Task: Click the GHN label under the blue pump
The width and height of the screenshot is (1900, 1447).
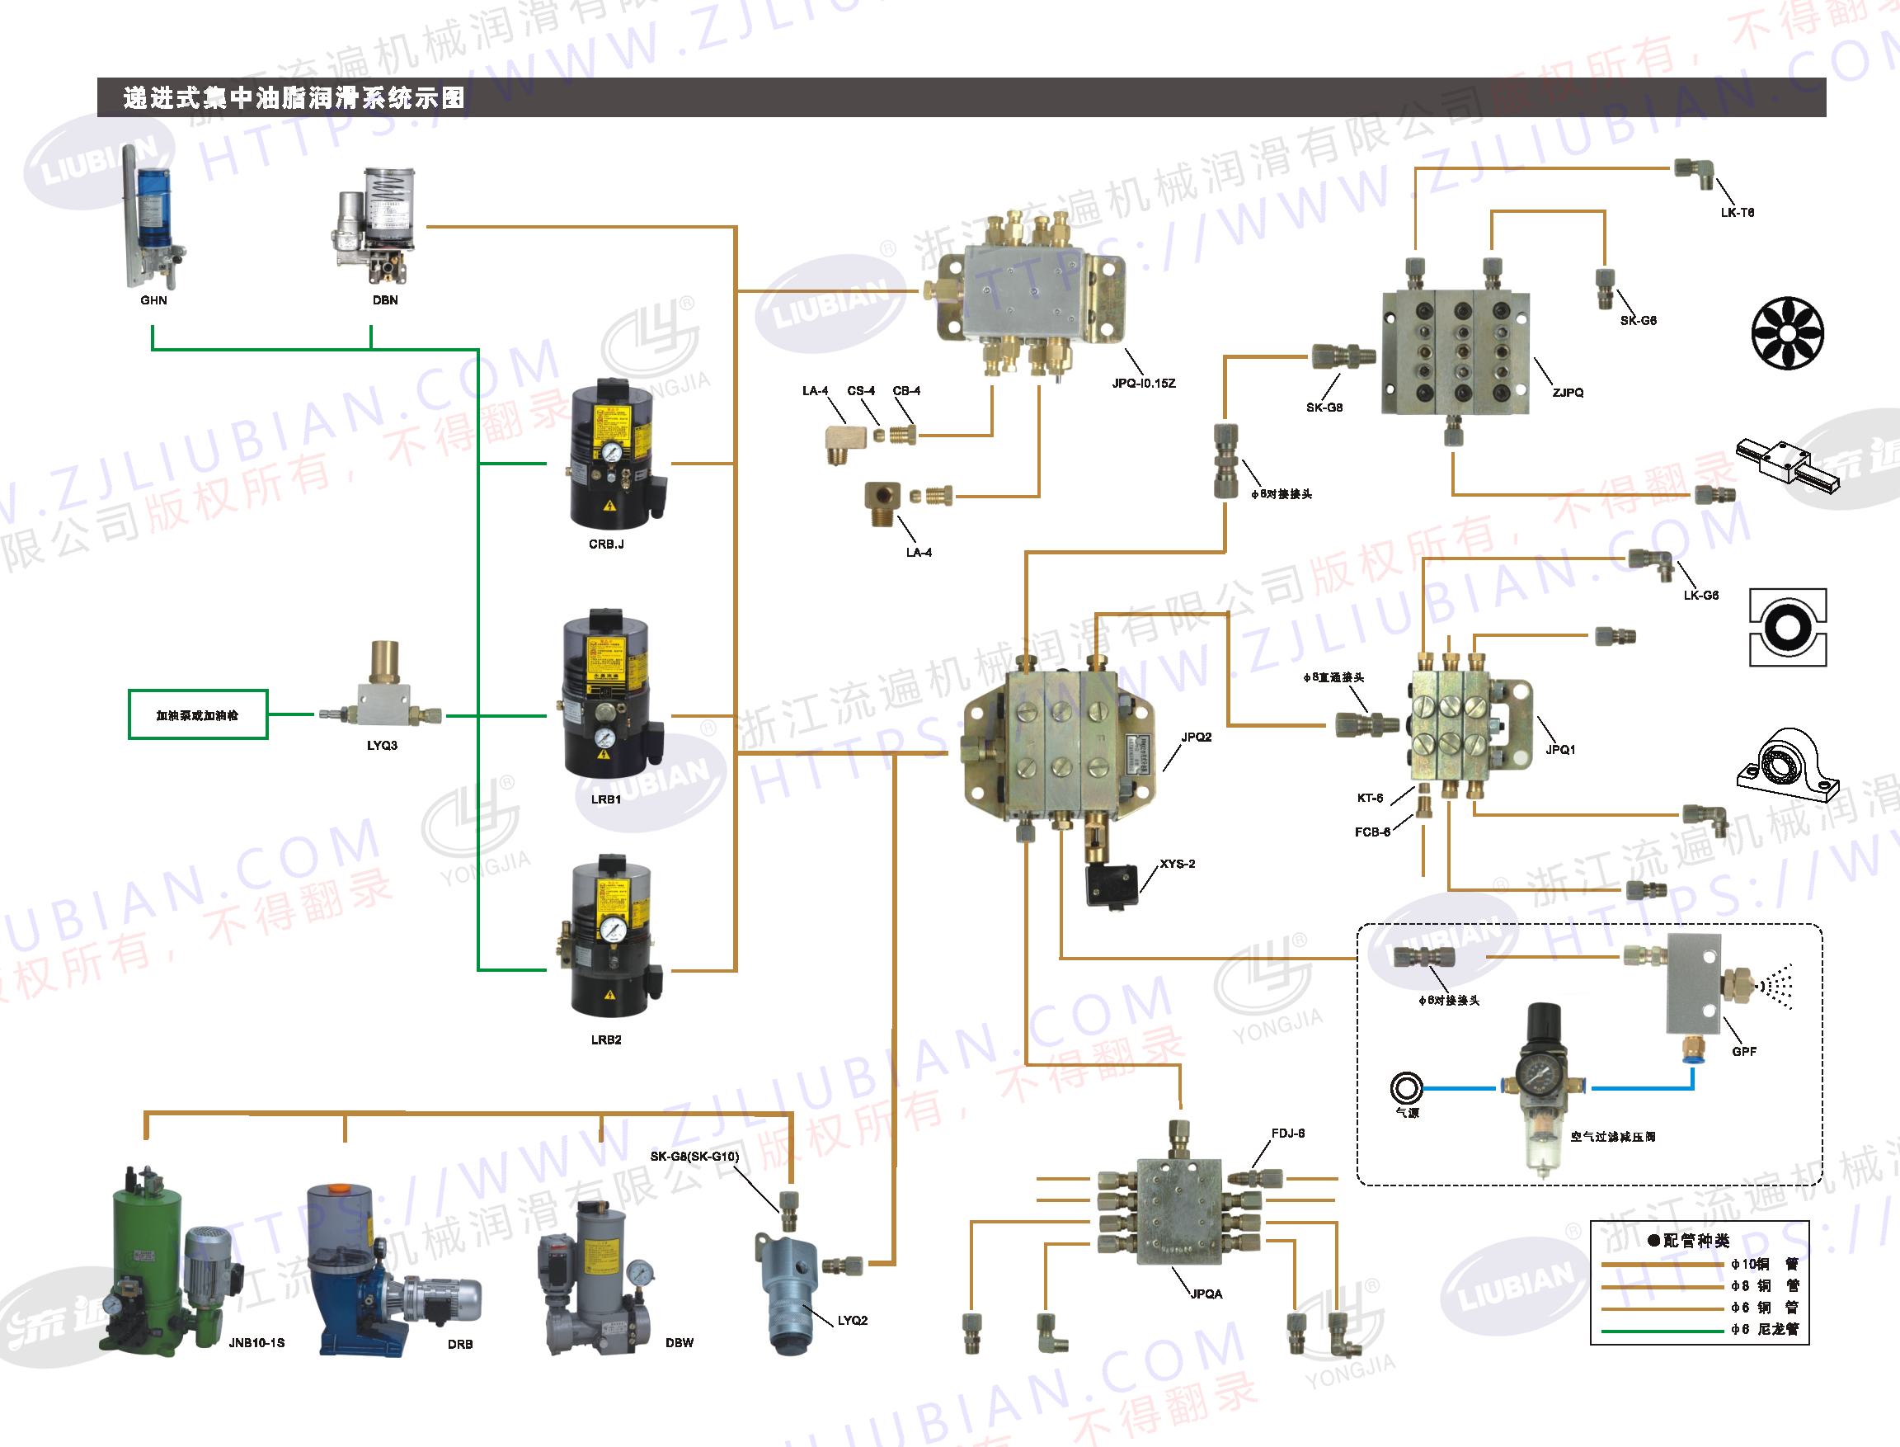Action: [153, 300]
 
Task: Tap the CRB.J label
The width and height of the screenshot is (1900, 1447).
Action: [606, 544]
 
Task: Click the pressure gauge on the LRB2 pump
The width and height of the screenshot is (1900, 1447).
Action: [613, 928]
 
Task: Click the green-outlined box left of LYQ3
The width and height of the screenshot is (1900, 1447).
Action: [198, 715]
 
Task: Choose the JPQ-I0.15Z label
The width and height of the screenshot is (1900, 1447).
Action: [1143, 384]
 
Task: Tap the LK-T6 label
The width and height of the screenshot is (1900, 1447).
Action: [1737, 213]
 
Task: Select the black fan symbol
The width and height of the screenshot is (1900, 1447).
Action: [1787, 333]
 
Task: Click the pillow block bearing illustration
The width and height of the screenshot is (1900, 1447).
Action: [1787, 765]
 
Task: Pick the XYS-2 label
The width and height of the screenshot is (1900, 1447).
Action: [1177, 864]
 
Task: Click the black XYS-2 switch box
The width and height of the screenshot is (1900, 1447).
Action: [1112, 883]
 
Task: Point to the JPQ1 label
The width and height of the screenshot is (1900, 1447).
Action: [1560, 749]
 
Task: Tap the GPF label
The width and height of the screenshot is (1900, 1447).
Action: [1743, 1052]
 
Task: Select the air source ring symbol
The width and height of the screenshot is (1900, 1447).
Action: [1406, 1088]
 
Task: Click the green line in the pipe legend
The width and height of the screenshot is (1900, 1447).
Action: [1662, 1332]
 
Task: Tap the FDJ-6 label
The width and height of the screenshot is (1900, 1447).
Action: [1288, 1134]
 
